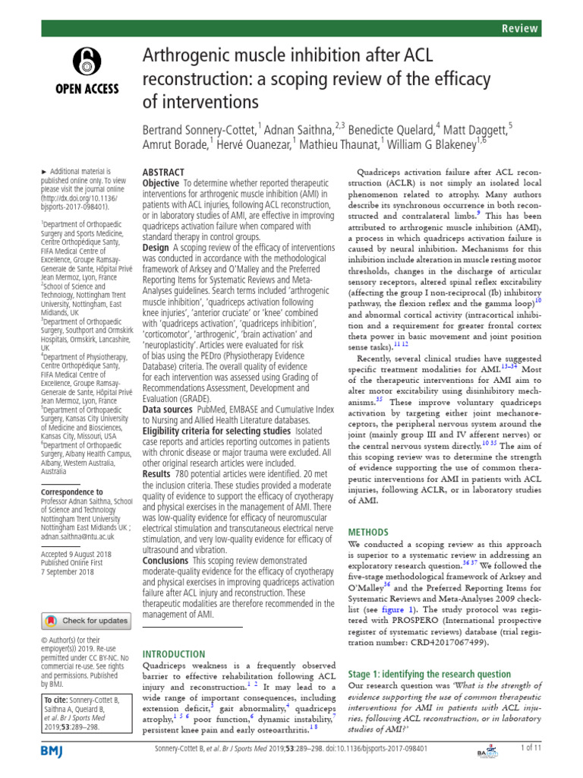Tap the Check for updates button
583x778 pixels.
point(85,621)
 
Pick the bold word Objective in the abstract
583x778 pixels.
point(161,184)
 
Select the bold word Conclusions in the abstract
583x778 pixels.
point(165,561)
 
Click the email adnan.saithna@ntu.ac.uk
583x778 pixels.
point(77,536)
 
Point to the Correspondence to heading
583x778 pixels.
point(72,492)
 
